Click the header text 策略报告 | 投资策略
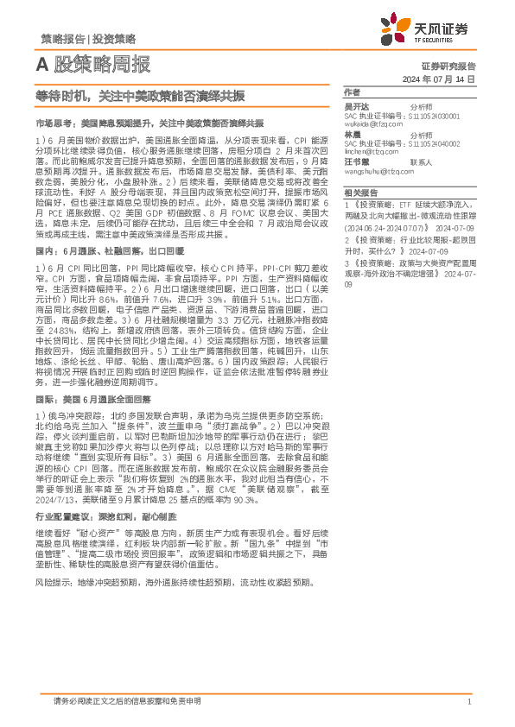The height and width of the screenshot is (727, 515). pyautogui.click(x=88, y=39)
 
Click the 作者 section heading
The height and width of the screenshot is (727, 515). pyautogui.click(x=352, y=92)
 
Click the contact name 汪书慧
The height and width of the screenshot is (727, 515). pyautogui.click(x=355, y=161)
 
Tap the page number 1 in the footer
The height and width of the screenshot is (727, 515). pyautogui.click(x=468, y=703)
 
